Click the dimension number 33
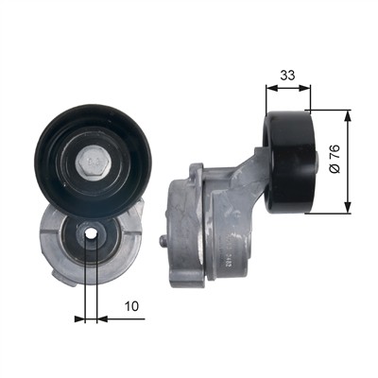tap(288, 76)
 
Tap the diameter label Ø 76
tap(335, 159)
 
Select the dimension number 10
tap(131, 306)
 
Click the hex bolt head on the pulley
tap(93, 163)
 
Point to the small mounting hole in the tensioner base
tap(92, 234)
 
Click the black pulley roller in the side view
tap(289, 163)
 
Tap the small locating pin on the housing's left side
tap(163, 241)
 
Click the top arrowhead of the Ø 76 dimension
tap(347, 116)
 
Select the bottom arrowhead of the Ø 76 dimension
tap(347, 207)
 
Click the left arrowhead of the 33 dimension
tap(272, 88)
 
